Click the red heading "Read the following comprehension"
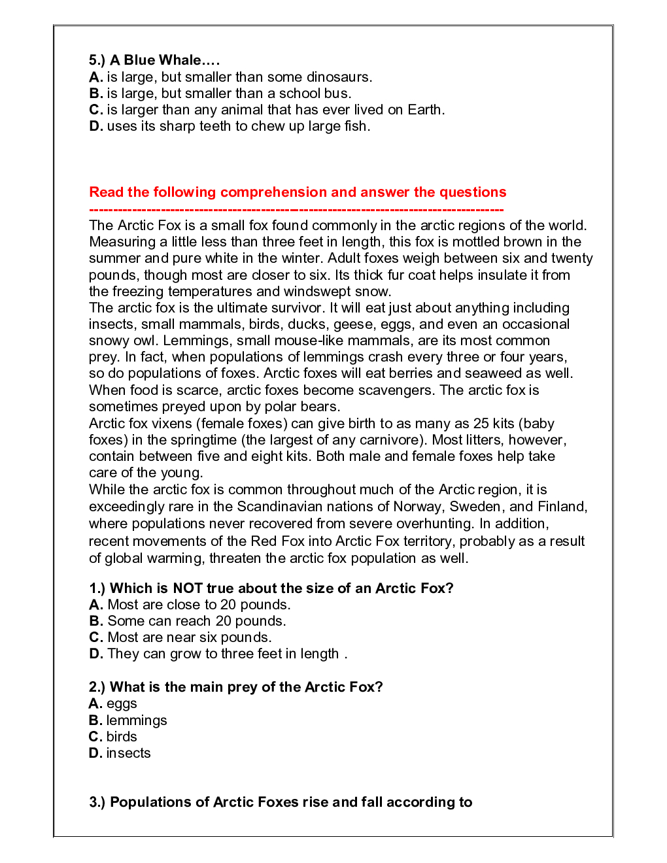(298, 192)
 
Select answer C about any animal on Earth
(267, 110)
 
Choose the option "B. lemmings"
(128, 720)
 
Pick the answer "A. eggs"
(113, 703)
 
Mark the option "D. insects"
(120, 753)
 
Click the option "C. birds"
(113, 737)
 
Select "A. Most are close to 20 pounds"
(190, 605)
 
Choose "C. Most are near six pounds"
(180, 637)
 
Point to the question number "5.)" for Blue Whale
(97, 60)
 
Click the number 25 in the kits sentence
(482, 424)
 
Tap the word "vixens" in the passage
(173, 424)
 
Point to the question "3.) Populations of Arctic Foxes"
(281, 802)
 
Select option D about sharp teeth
(230, 126)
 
